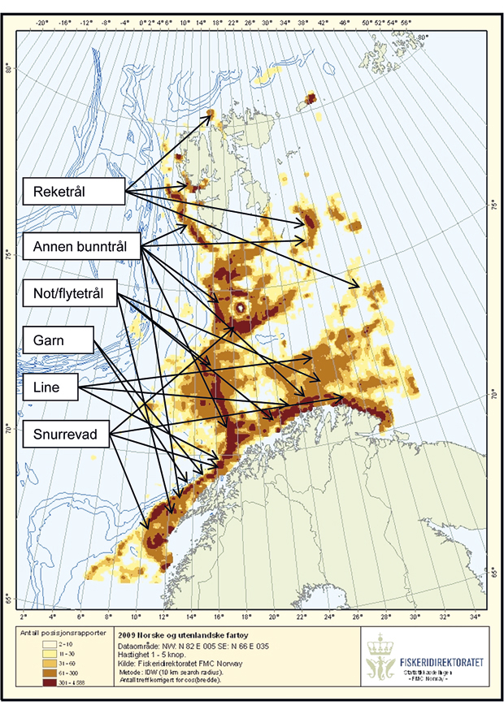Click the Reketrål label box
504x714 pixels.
tap(72, 193)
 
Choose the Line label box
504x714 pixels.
tap(52, 387)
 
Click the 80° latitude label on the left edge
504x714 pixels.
tap(10, 68)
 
